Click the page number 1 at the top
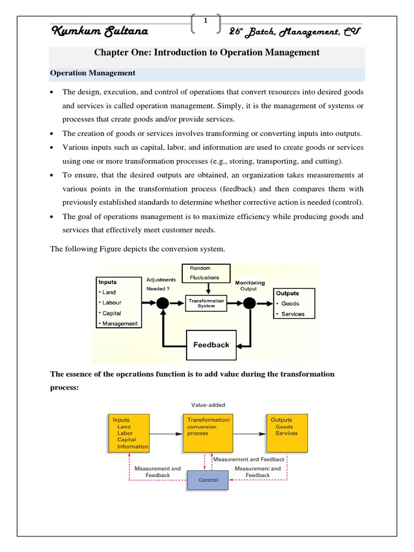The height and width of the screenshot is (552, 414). tap(206, 20)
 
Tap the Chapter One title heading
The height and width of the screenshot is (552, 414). tap(207, 53)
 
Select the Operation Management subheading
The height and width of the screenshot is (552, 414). tap(93, 73)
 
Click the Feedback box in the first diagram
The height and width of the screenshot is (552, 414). tap(211, 345)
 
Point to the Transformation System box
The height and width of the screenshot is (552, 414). tap(206, 303)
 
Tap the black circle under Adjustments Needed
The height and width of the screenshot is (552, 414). tap(161, 303)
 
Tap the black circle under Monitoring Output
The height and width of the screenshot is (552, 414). tap(249, 303)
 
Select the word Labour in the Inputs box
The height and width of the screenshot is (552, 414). tap(112, 302)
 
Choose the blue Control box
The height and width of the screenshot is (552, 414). tap(208, 480)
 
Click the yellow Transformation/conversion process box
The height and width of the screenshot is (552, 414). tap(209, 432)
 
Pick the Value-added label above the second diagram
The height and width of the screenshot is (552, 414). tap(209, 404)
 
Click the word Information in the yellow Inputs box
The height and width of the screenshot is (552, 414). tap(133, 446)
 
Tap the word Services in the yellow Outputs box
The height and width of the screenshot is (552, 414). tap(286, 433)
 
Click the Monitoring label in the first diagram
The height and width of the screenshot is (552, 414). tap(250, 282)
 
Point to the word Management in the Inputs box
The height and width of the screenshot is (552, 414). tap(120, 323)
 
